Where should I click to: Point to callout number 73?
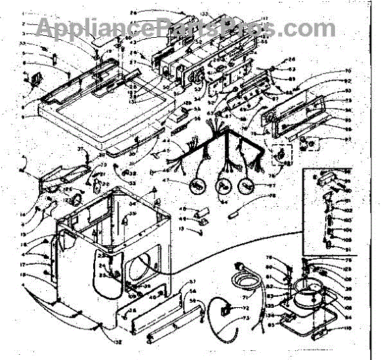[x=246, y=318]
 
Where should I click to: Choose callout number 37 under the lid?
[x=81, y=149]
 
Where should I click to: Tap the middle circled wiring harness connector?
[x=223, y=185]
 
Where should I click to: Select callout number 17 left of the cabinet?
[x=40, y=265]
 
